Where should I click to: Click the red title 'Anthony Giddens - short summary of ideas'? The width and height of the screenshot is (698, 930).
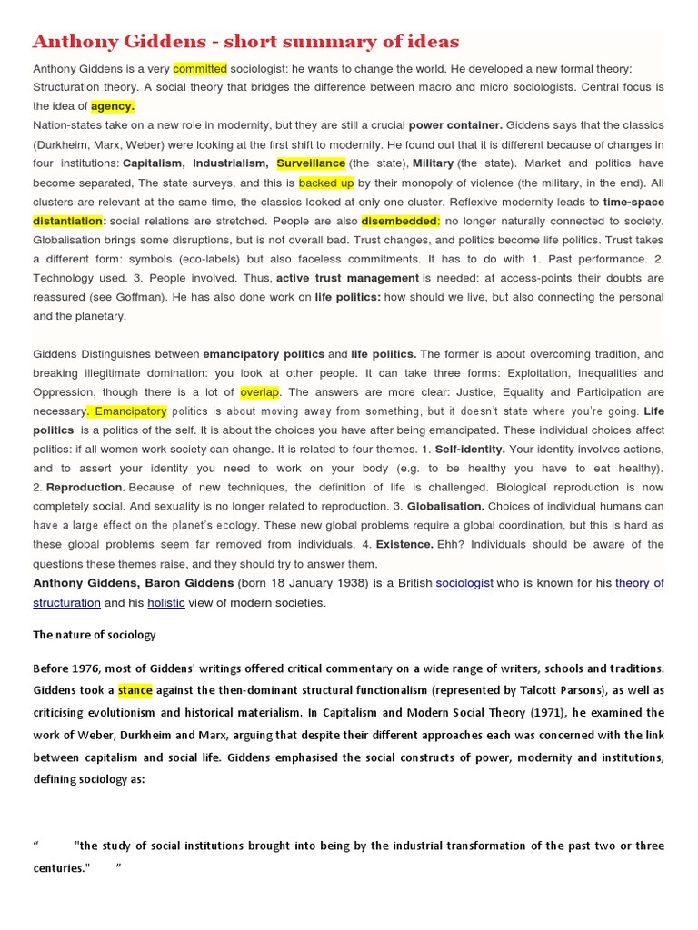(x=245, y=42)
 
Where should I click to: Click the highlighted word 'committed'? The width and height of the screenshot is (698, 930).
(x=200, y=68)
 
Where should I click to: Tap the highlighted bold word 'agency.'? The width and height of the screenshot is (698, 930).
(x=113, y=106)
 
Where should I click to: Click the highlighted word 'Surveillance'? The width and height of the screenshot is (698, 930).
(x=311, y=163)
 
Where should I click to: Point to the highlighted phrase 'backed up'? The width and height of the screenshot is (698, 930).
(x=326, y=183)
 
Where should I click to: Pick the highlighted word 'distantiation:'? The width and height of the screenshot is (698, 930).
(x=69, y=221)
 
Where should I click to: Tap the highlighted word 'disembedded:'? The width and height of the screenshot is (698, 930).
(x=400, y=221)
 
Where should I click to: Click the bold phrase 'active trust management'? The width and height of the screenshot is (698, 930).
(x=347, y=278)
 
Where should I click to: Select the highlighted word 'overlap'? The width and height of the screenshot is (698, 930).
(x=260, y=392)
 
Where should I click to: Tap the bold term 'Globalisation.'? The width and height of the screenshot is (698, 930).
(x=445, y=507)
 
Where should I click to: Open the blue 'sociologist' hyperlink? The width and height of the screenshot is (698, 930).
(x=464, y=583)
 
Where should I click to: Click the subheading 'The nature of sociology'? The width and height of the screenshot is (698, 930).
(x=95, y=635)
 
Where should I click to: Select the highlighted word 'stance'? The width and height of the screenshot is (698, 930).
(x=135, y=690)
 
